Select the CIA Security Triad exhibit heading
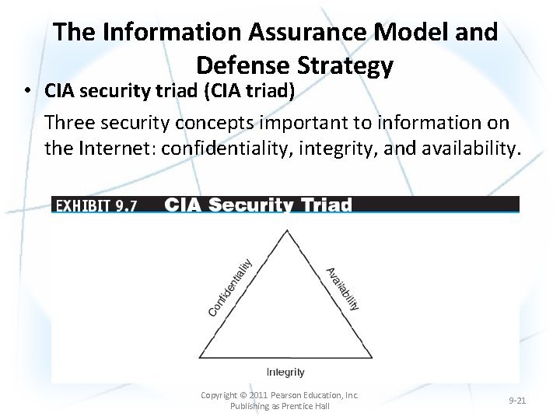tap(258, 205)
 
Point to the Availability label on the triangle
tap(342, 288)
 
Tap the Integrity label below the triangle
tap(285, 372)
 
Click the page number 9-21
tap(517, 401)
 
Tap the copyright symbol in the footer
tap(243, 395)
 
